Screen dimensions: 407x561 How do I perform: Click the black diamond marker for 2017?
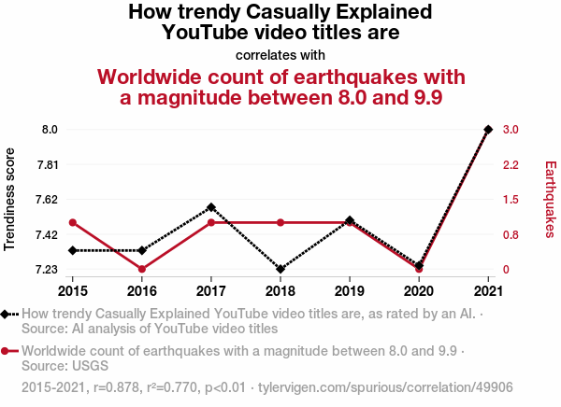coord(211,207)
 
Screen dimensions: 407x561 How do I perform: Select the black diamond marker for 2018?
coord(280,269)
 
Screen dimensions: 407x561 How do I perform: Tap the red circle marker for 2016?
coord(142,269)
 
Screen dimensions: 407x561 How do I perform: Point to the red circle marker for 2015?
coord(73,222)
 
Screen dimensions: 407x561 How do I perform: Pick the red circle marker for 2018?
coord(280,222)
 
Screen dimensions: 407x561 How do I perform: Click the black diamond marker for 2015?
coord(73,250)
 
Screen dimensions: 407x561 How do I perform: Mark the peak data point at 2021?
coord(488,129)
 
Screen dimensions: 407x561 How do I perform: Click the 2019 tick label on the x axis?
coord(350,289)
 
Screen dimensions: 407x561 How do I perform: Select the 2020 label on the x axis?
coord(419,289)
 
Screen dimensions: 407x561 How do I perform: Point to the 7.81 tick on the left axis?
coord(47,164)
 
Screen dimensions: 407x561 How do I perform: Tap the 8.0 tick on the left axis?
coord(50,129)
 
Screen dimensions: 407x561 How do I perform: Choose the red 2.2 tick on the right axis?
coord(511,164)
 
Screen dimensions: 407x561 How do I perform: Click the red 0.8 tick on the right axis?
coord(511,234)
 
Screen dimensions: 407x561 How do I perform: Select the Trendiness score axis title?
coord(10,199)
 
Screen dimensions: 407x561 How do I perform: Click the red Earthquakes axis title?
coord(550,199)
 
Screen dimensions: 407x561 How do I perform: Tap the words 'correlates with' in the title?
coord(280,54)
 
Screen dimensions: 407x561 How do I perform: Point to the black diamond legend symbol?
coord(7,314)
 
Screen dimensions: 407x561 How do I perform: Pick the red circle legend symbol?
coord(7,351)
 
